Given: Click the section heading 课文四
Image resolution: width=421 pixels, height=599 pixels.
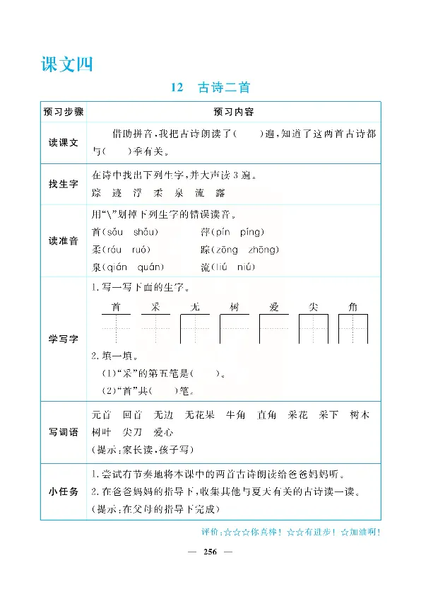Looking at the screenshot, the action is pyautogui.click(x=67, y=64).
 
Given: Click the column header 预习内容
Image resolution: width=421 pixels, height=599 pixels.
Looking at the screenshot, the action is pyautogui.click(x=233, y=112).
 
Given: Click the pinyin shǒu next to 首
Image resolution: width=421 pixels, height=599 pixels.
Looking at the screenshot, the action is pyautogui.click(x=146, y=232).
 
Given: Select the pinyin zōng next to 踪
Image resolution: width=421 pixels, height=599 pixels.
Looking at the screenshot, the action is pyautogui.click(x=230, y=250).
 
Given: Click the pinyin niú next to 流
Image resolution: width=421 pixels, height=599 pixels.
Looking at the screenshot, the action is pyautogui.click(x=247, y=267).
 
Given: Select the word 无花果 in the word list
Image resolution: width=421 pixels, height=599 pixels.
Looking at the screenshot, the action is pyautogui.click(x=200, y=414).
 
